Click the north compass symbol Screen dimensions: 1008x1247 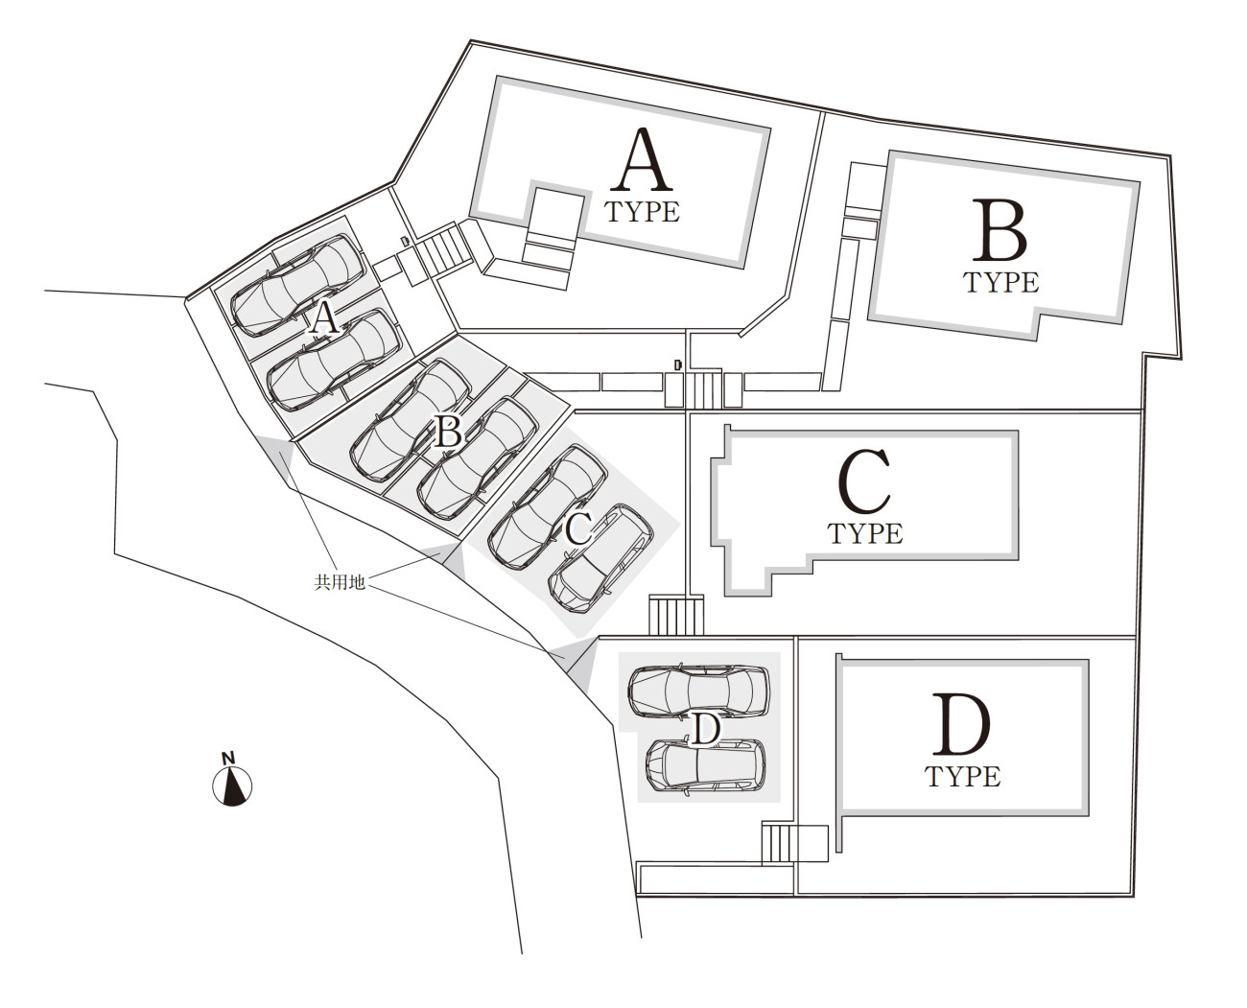coord(231,785)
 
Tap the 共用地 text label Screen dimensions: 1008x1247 coord(340,582)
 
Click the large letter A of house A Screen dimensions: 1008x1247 coord(643,162)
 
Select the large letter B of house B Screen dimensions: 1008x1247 coord(1000,230)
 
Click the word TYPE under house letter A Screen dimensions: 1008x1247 coord(643,212)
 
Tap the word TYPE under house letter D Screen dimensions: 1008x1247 coord(963,776)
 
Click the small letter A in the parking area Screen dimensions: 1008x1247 coord(324,317)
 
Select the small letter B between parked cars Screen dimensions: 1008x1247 coord(447,433)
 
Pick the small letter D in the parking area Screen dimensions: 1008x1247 coord(705,730)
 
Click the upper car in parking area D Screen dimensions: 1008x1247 coord(699,692)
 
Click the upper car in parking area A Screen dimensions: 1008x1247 coord(296,285)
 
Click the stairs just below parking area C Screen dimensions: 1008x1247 coord(676,615)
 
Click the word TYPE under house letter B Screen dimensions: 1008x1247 coord(1000,282)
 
